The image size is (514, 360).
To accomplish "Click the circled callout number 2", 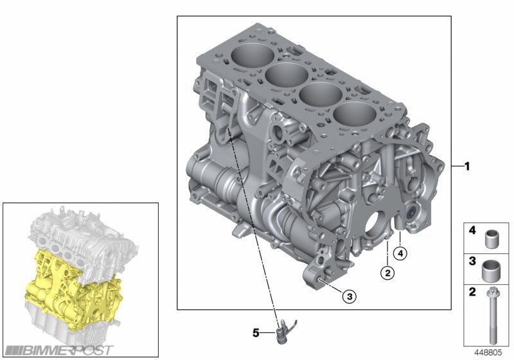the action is pyautogui.click(x=387, y=273).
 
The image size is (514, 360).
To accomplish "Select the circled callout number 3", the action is pyautogui.click(x=350, y=296).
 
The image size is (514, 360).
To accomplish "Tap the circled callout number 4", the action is pyautogui.click(x=400, y=253).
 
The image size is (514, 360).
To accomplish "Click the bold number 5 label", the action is pyautogui.click(x=256, y=333).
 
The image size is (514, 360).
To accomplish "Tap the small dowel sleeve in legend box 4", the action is pyautogui.click(x=491, y=239).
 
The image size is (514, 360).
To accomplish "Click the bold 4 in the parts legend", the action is pyautogui.click(x=472, y=231).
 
